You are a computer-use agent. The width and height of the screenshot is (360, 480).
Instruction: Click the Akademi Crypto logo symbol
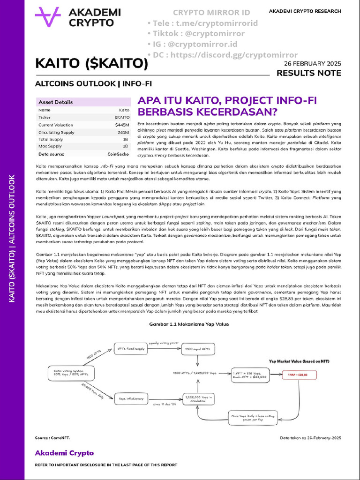click(48, 18)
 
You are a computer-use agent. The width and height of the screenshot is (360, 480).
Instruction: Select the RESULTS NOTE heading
click(308, 73)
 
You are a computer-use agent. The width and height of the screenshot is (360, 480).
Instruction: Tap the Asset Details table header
click(55, 102)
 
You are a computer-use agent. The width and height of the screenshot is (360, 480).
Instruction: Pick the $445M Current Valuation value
click(122, 125)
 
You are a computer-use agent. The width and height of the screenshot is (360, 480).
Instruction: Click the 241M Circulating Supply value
click(123, 132)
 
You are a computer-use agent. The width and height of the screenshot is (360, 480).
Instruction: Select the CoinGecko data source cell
click(118, 154)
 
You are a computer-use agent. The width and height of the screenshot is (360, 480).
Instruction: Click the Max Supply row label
click(50, 146)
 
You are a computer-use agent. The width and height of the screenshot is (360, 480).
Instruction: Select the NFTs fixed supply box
click(129, 349)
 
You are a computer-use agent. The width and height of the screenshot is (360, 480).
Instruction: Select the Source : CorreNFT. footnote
click(52, 437)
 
